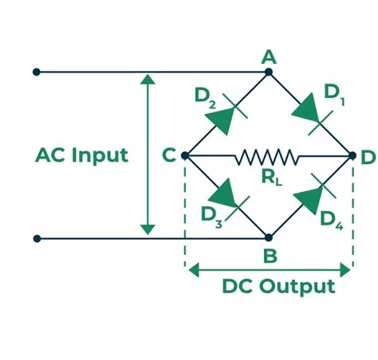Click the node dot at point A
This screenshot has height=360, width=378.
(269, 72)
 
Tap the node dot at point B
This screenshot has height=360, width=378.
(269, 237)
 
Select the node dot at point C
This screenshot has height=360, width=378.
(185, 155)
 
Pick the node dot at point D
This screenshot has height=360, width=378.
(351, 155)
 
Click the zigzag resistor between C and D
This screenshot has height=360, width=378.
(266, 155)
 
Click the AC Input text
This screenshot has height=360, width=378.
(81, 155)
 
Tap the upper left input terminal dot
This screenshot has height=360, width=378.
(36, 72)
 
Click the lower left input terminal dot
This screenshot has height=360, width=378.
(36, 237)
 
